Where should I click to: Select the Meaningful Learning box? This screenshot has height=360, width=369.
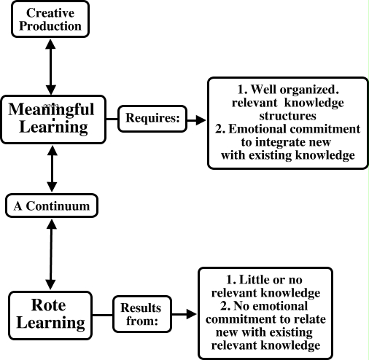point(51,118)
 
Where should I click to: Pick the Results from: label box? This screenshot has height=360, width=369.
point(141,313)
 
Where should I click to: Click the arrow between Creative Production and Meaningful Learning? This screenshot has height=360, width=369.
point(50,66)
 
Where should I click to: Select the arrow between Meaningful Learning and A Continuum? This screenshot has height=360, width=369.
point(50,169)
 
